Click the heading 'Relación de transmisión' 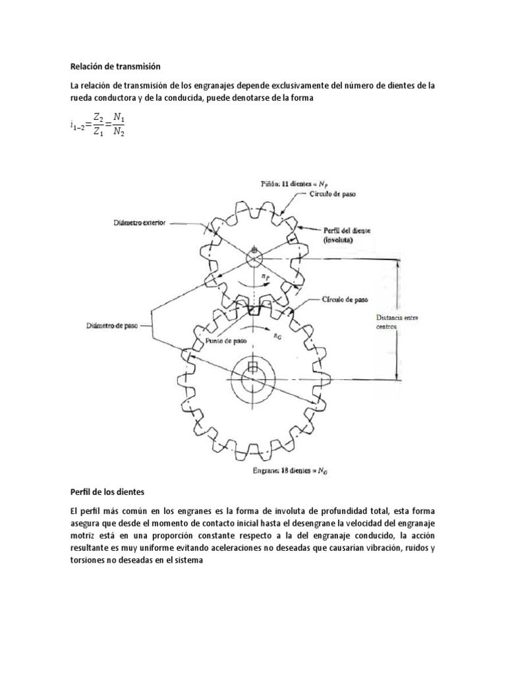(x=115, y=66)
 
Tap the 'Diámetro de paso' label (x=113, y=325)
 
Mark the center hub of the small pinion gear (x=254, y=257)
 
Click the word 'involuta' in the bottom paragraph (x=320, y=511)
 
